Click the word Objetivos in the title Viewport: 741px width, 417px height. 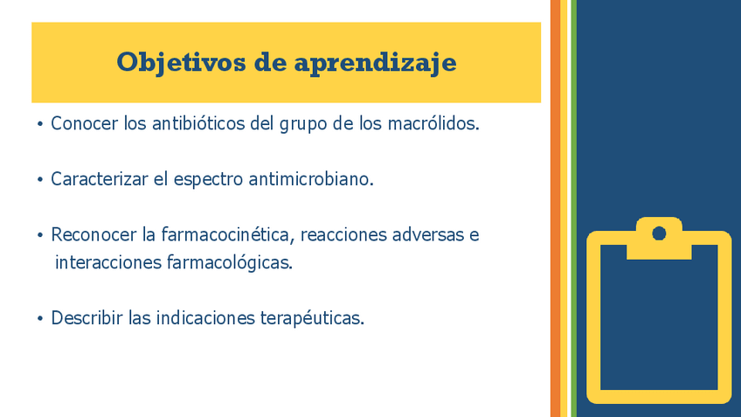pyautogui.click(x=181, y=63)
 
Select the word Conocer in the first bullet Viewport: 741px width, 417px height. pyautogui.click(x=84, y=123)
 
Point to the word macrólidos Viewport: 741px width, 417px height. pyautogui.click(x=433, y=123)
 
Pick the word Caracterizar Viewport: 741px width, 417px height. pyautogui.click(x=100, y=179)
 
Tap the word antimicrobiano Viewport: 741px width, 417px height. pyautogui.click(x=311, y=179)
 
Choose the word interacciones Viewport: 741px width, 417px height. pyautogui.click(x=108, y=262)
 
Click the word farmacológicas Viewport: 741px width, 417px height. pyautogui.click(x=230, y=263)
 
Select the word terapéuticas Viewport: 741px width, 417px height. pyautogui.click(x=312, y=318)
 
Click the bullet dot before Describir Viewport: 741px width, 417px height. pyautogui.click(x=39, y=319)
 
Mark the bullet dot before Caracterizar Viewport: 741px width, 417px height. pyautogui.click(x=39, y=180)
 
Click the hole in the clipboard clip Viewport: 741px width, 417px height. pyautogui.click(x=659, y=233)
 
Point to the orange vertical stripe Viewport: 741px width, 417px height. pyautogui.click(x=555, y=208)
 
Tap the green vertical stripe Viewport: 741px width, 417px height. pyautogui.click(x=574, y=208)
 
